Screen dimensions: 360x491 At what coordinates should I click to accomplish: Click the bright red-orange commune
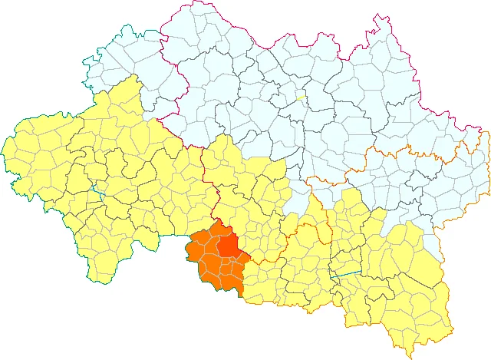[229, 244]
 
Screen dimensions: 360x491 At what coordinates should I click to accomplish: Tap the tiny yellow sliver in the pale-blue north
[301, 97]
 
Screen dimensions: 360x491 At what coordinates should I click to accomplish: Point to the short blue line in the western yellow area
[96, 188]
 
